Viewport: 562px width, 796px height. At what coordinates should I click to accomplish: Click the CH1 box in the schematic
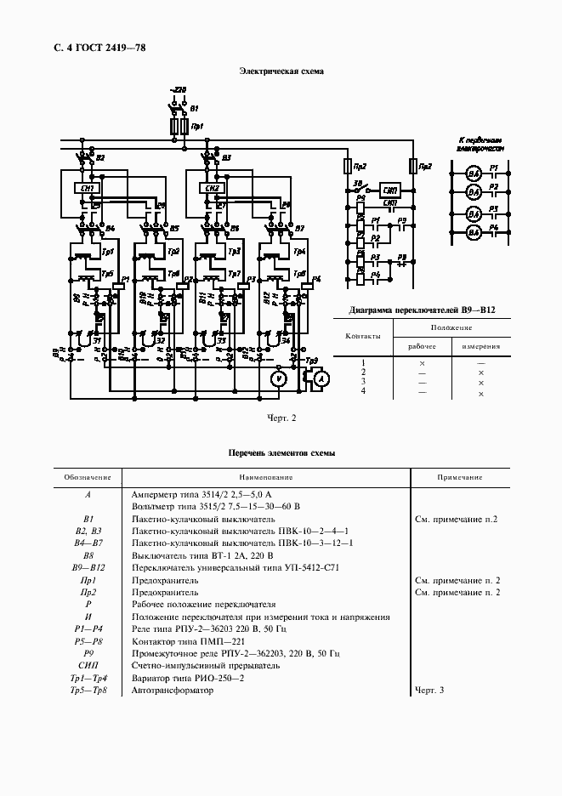coord(88,188)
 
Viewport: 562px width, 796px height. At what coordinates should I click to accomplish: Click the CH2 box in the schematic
coord(213,188)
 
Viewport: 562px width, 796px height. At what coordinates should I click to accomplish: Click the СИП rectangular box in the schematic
coord(390,190)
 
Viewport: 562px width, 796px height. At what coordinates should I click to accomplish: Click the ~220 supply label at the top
coord(179,89)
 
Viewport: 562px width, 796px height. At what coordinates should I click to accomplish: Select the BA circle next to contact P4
coord(474,231)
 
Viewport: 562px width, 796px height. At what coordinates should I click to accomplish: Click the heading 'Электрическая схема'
coord(281,72)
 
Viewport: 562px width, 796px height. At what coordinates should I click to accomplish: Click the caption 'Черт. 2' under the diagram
coord(281,418)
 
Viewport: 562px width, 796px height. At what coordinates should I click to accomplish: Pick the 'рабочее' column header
coord(422,346)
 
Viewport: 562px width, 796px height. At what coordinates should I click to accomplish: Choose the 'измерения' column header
coord(480,346)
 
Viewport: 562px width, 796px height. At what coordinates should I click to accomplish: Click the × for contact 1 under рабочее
coord(422,364)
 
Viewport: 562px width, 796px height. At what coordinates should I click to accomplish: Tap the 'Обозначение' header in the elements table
coord(88,478)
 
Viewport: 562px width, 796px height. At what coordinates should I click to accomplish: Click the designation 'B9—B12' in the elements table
coord(88,567)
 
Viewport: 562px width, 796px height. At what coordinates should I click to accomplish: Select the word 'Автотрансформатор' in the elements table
coord(173,690)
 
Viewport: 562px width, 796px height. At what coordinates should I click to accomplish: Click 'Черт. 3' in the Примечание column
coord(429,690)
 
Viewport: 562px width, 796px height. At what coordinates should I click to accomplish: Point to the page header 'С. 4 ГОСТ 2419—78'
coord(94,48)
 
